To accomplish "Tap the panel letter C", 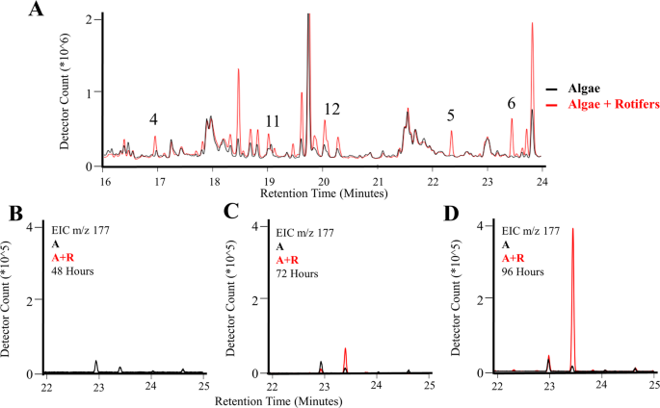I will (x=231, y=212).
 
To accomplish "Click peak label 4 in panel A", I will (x=153, y=119).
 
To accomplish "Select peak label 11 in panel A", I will (x=273, y=121).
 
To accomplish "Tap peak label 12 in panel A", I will (x=331, y=108).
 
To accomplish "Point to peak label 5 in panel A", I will (x=451, y=115).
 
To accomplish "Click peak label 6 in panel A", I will (x=512, y=103).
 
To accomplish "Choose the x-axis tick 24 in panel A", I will (x=543, y=180).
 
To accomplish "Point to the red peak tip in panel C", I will (x=345, y=348).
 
